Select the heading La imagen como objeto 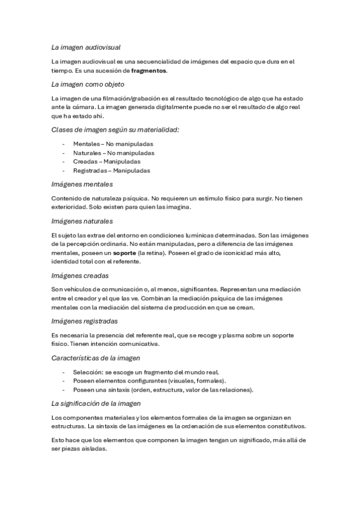[88, 84]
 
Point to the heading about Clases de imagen [115, 130]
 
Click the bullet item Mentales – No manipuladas [113, 144]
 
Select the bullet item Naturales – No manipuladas [114, 153]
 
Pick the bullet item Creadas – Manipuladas [107, 162]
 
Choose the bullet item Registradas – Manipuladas [112, 170]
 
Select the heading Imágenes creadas [80, 275]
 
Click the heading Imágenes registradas [85, 321]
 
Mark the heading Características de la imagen [96, 358]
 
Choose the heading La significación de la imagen [98, 403]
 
